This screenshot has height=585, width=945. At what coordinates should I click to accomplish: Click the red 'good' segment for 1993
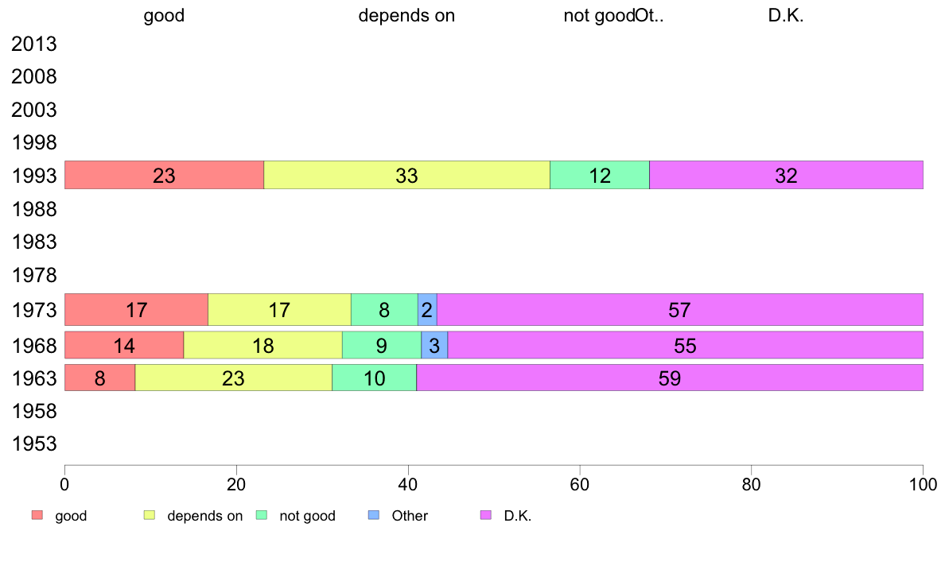[x=164, y=175]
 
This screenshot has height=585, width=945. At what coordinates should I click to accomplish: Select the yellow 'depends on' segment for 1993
[x=406, y=175]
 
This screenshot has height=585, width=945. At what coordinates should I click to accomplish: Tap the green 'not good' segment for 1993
[x=600, y=175]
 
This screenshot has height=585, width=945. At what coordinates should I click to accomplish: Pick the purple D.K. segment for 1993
[x=786, y=175]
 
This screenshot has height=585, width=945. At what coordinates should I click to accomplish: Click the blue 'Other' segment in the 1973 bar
[x=427, y=309]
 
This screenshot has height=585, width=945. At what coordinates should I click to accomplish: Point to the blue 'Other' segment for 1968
[x=434, y=345]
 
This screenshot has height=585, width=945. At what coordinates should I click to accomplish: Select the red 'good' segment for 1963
[x=99, y=378]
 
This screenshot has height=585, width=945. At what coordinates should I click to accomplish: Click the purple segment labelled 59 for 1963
[x=670, y=378]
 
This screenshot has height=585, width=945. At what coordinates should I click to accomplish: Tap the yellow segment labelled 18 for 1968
[x=262, y=345]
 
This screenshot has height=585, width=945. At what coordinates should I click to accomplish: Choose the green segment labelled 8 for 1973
[x=384, y=309]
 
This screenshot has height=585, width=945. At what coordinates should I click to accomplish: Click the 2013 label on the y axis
[x=34, y=44]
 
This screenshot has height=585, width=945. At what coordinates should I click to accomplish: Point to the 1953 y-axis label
[x=34, y=444]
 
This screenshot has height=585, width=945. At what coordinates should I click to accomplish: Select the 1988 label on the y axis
[x=34, y=210]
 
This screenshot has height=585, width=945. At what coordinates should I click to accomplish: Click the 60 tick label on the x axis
[x=580, y=483]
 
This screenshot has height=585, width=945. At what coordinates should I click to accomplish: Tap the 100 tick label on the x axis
[x=923, y=483]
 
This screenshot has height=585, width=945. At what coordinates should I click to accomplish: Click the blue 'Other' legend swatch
[x=374, y=516]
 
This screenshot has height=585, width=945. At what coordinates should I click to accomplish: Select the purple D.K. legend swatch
[x=486, y=516]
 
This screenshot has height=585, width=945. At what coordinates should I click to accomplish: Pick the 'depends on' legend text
[x=204, y=516]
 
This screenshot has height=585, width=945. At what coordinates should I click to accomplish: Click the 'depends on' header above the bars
[x=406, y=16]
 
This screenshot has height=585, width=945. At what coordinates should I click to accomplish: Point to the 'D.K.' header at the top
[x=786, y=16]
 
